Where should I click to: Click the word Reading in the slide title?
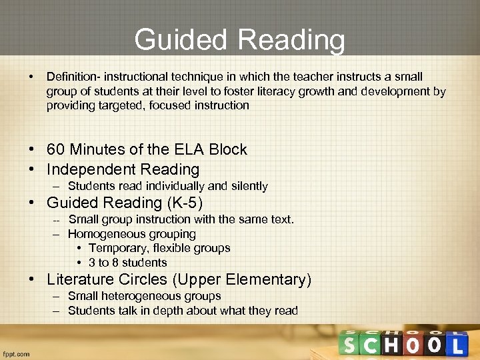pos(291,40)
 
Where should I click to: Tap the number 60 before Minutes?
pos(57,149)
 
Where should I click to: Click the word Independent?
pos(85,169)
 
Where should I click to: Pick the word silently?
pos(247,186)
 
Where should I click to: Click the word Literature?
pos(80,279)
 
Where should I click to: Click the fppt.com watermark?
pos(16,354)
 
